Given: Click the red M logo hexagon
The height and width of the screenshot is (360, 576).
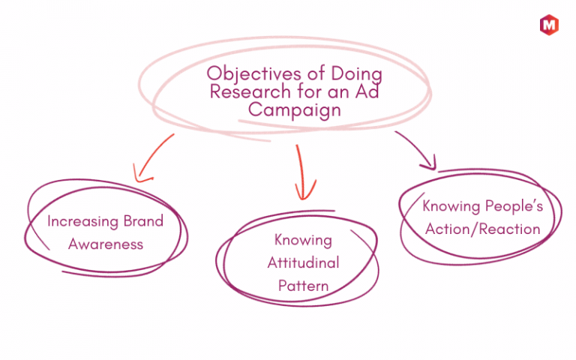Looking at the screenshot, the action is tap(549, 25).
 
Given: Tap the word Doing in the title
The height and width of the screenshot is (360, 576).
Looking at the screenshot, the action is tap(356, 74).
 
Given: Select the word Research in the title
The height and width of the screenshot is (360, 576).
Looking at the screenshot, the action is tap(250, 91).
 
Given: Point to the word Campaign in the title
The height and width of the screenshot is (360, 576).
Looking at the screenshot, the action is tap(295, 110).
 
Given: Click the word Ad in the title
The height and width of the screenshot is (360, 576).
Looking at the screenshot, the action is tap(367, 91).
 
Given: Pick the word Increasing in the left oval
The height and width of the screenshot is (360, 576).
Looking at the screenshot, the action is tap(82, 221).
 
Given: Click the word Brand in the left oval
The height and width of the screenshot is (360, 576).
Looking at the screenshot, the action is tap(144, 221).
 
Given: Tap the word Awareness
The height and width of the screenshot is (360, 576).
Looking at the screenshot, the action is tap(106, 244).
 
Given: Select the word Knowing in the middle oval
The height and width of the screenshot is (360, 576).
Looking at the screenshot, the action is tap(303, 241).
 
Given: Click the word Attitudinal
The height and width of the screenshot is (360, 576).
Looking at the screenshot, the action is tap(304, 262).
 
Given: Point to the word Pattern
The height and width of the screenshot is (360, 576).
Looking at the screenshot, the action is tap(304, 286).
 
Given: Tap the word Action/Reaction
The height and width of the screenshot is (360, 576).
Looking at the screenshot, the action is tap(483, 229).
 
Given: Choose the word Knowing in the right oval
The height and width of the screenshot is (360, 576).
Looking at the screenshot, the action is tap(451, 206).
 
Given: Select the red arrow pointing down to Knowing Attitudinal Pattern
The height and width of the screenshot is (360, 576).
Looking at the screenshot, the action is tap(301, 172).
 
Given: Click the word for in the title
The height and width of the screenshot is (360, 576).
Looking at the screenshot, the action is tap(309, 91).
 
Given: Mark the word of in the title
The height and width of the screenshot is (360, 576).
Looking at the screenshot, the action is tap(316, 73).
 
